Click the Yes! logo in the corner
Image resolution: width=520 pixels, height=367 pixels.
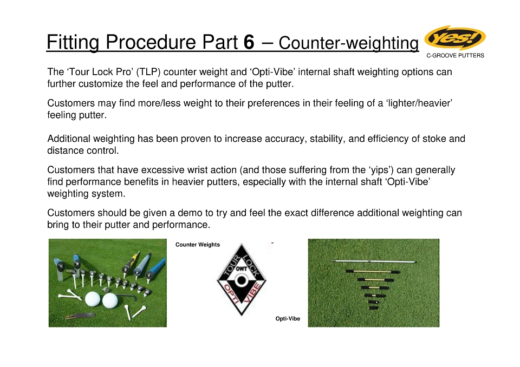click(x=455, y=37)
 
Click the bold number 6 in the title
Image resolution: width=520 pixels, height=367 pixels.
click(x=249, y=42)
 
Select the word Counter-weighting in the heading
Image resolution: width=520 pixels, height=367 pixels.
click(x=348, y=43)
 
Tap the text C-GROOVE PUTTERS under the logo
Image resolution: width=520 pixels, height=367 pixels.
click(x=455, y=55)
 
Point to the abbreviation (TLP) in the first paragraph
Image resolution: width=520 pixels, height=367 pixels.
click(x=148, y=72)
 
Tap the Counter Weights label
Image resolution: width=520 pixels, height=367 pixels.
click(x=198, y=245)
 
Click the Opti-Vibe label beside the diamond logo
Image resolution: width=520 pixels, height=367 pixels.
click(x=288, y=319)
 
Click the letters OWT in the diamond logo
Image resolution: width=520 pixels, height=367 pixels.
click(x=242, y=270)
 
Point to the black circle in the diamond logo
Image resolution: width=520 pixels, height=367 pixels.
click(x=242, y=280)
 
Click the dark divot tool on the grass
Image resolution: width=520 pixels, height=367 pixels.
click(x=80, y=316)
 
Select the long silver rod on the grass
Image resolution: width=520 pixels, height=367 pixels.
click(x=374, y=262)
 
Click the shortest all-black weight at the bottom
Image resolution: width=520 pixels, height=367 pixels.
click(x=373, y=308)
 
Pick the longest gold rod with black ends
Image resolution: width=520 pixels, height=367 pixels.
click(x=373, y=272)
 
